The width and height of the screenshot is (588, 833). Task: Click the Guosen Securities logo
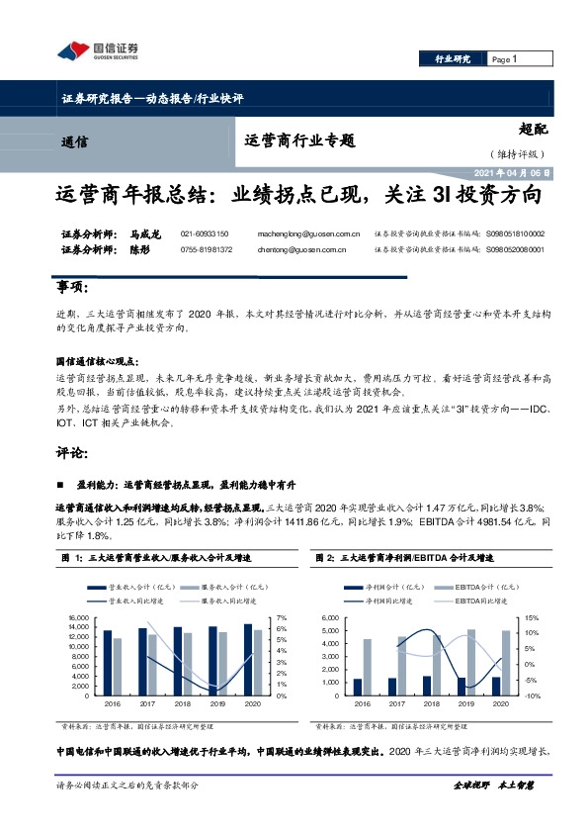point(95,50)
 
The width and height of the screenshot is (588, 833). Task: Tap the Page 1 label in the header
point(505,59)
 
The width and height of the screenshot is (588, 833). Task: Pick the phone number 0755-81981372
point(207,250)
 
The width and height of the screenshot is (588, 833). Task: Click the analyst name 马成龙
point(144,234)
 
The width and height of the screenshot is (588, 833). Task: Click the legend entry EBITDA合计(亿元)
point(477,586)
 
